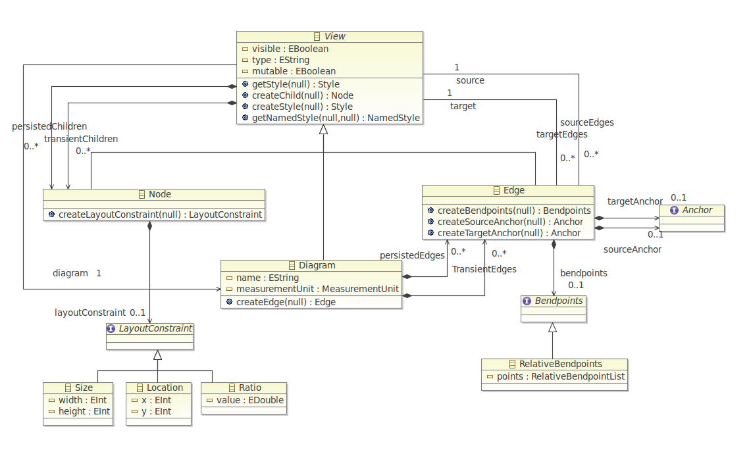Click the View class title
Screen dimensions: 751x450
[x=334, y=36]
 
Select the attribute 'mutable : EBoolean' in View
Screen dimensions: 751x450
[x=294, y=71]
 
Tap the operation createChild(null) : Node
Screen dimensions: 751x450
[x=303, y=96]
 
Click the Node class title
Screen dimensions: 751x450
[x=159, y=194]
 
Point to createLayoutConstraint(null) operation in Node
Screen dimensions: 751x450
[x=160, y=214]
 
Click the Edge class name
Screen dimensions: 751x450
[x=514, y=191]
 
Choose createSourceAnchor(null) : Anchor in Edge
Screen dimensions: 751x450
[x=510, y=222]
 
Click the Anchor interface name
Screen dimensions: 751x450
[x=697, y=210]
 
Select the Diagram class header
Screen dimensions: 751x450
[x=317, y=265]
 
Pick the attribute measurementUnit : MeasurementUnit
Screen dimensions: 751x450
[x=317, y=289]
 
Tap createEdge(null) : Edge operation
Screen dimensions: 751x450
[x=286, y=302]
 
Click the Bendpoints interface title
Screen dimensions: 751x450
[x=558, y=301]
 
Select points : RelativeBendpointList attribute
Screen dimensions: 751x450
[x=560, y=377]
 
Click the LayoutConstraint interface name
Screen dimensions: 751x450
[x=155, y=328]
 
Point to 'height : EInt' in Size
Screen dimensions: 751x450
[x=84, y=412]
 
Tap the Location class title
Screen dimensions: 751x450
[x=165, y=387]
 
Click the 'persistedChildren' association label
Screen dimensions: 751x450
[x=49, y=126]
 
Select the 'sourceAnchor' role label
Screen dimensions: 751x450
[x=633, y=249]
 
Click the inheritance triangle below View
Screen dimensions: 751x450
[x=324, y=129]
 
